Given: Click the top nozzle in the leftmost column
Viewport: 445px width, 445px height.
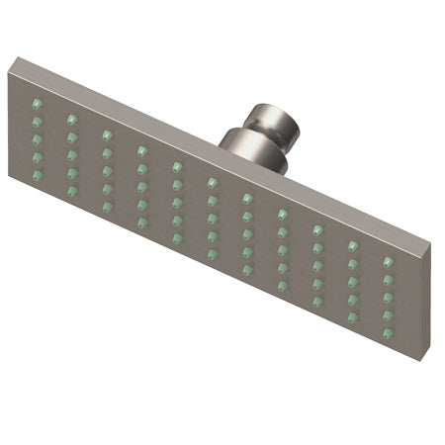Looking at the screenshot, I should (x=38, y=102).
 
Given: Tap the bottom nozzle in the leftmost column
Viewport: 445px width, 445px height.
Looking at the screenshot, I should (x=38, y=175).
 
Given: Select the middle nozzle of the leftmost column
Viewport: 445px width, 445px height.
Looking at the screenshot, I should (x=38, y=138).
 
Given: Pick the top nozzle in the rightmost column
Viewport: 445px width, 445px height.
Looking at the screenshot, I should (x=388, y=262).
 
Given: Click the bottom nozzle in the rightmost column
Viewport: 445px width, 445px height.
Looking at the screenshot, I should (x=388, y=332).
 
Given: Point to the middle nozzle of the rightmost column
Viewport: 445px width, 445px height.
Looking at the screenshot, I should (x=388, y=297).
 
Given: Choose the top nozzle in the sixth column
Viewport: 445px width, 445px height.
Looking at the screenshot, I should (x=212, y=182).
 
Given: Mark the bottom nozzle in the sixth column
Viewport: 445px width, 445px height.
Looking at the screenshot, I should (x=213, y=254).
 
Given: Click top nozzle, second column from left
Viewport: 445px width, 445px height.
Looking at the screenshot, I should (x=72, y=118).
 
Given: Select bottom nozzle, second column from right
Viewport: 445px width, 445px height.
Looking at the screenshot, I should (x=352, y=317).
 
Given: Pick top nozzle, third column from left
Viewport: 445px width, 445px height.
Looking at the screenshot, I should (x=107, y=134).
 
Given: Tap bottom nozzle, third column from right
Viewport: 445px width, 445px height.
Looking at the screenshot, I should (x=317, y=303).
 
